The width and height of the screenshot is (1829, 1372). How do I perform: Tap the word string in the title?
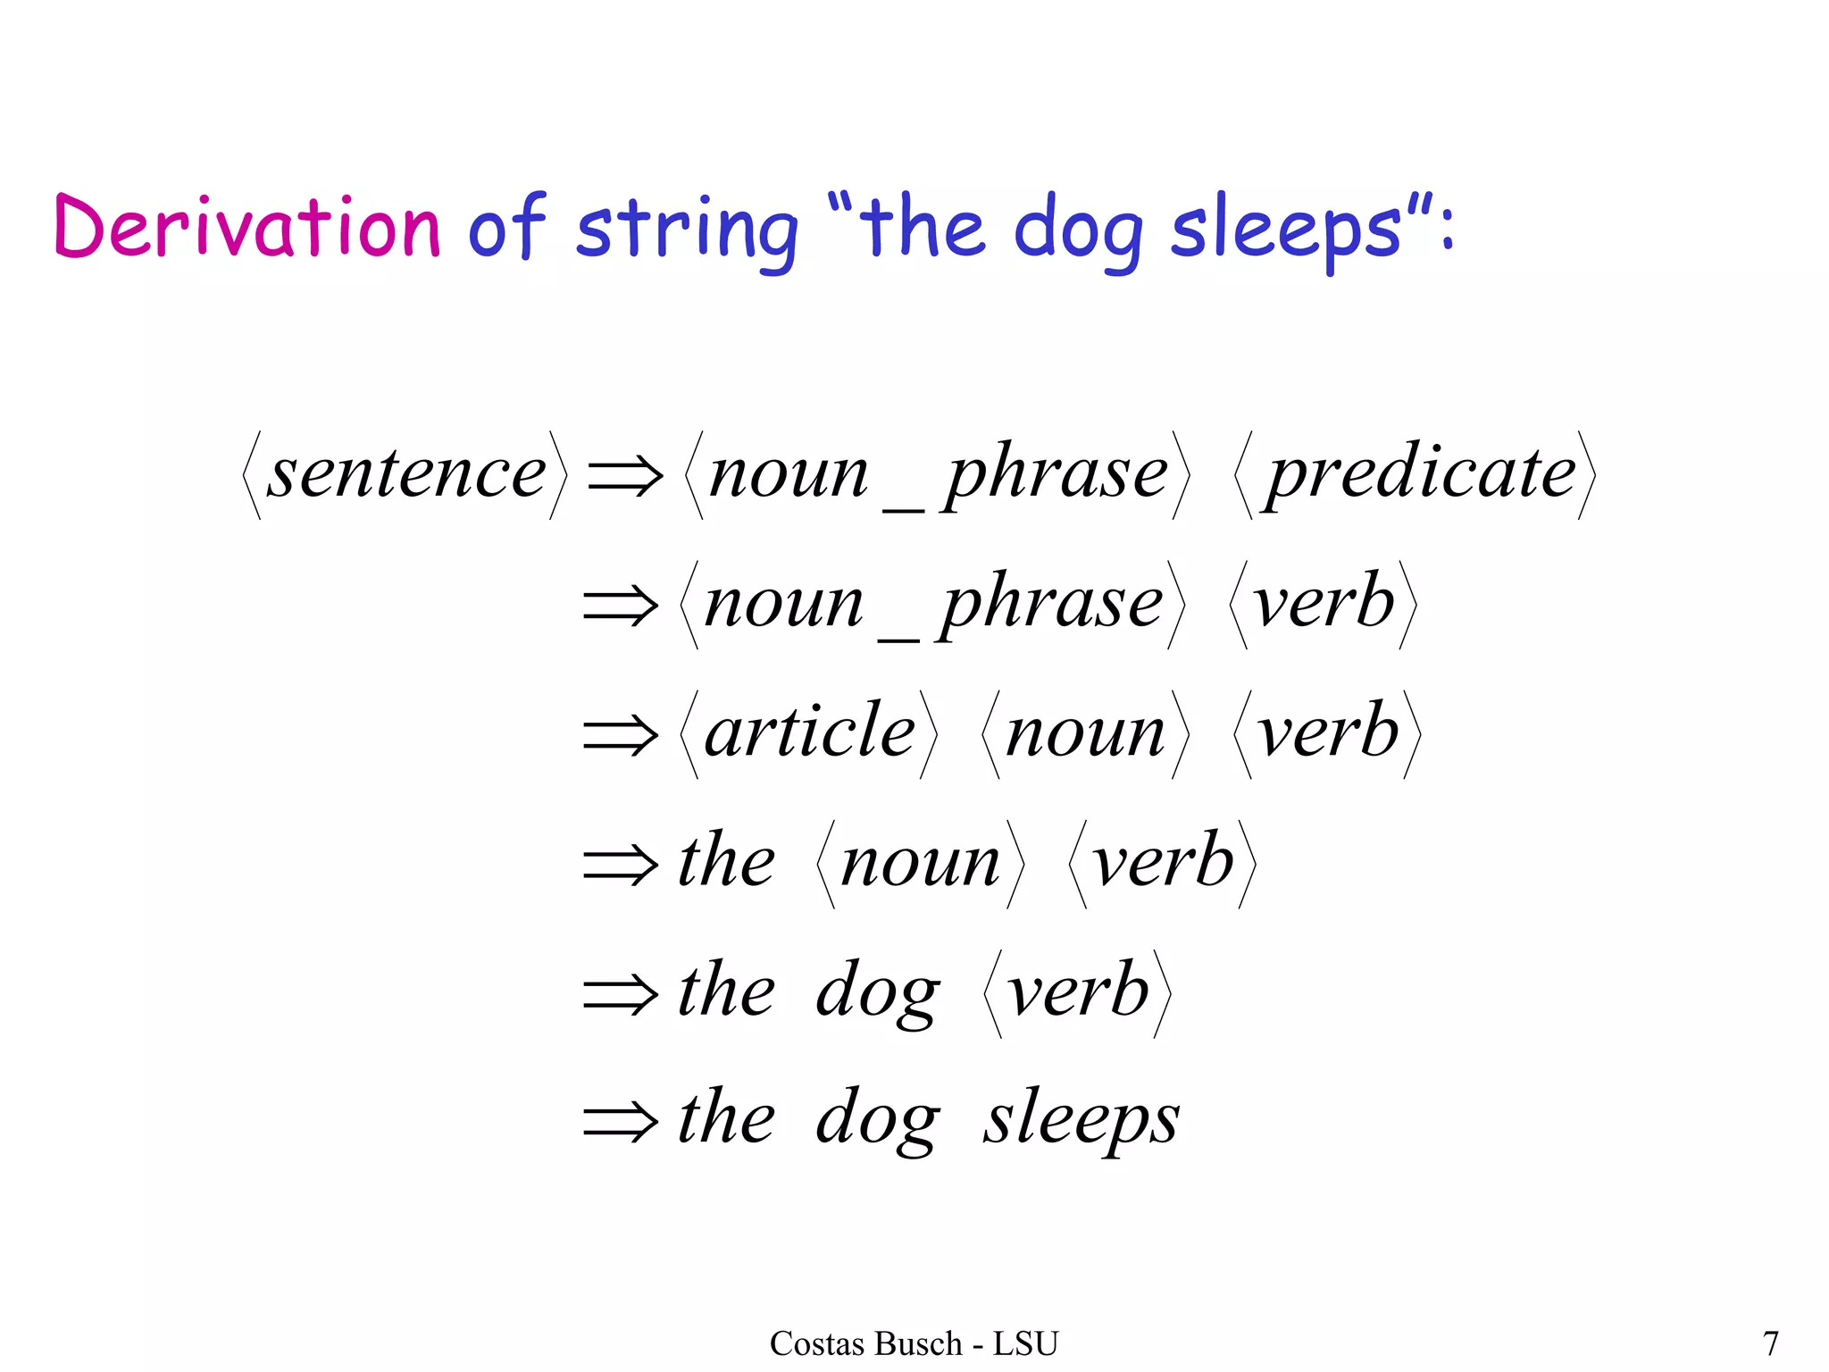pos(686,230)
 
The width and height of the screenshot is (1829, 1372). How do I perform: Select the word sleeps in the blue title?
pos(1286,230)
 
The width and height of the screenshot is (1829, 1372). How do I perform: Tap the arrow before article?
pos(621,735)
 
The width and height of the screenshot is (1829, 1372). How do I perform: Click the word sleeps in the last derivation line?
pos(1082,1119)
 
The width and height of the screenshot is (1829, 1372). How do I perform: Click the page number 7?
pos(1770,1343)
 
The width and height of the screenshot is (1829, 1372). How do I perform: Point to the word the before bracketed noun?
pos(726,862)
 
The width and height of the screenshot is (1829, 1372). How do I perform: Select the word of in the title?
pos(506,227)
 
